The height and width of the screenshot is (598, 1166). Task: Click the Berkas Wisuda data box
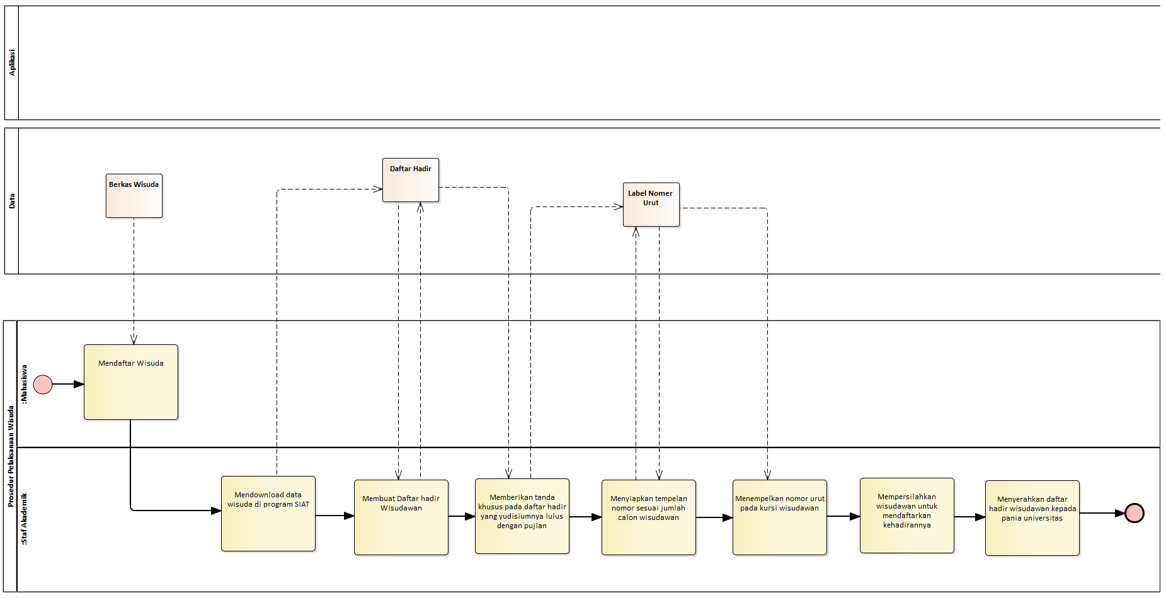134,196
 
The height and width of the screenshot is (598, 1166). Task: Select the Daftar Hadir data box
411,180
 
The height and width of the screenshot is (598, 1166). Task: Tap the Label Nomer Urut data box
651,205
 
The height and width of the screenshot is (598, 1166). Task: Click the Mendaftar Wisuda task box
131,382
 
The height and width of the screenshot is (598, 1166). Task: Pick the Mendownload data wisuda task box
268,514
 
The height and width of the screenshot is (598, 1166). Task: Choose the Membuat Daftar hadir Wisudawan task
401,517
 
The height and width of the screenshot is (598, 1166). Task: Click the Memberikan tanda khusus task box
522,516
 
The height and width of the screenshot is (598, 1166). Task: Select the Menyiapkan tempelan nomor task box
649,517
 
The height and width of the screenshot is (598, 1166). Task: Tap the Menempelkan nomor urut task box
780,517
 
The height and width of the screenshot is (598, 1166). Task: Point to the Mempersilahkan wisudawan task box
907,516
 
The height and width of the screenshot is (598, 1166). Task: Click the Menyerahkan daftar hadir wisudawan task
1032,518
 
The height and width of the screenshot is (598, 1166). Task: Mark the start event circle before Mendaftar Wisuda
43,384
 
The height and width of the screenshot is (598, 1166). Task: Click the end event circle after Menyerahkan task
1135,513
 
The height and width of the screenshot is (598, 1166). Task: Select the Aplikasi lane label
12,63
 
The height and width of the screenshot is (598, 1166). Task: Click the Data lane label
12,201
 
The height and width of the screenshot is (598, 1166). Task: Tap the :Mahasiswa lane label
25,384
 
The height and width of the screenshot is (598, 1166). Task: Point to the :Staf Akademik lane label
25,519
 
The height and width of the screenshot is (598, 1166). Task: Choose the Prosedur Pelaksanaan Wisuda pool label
11,456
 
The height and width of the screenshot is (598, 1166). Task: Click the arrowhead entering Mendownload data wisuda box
216,511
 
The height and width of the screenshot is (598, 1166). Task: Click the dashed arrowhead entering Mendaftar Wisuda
134,340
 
